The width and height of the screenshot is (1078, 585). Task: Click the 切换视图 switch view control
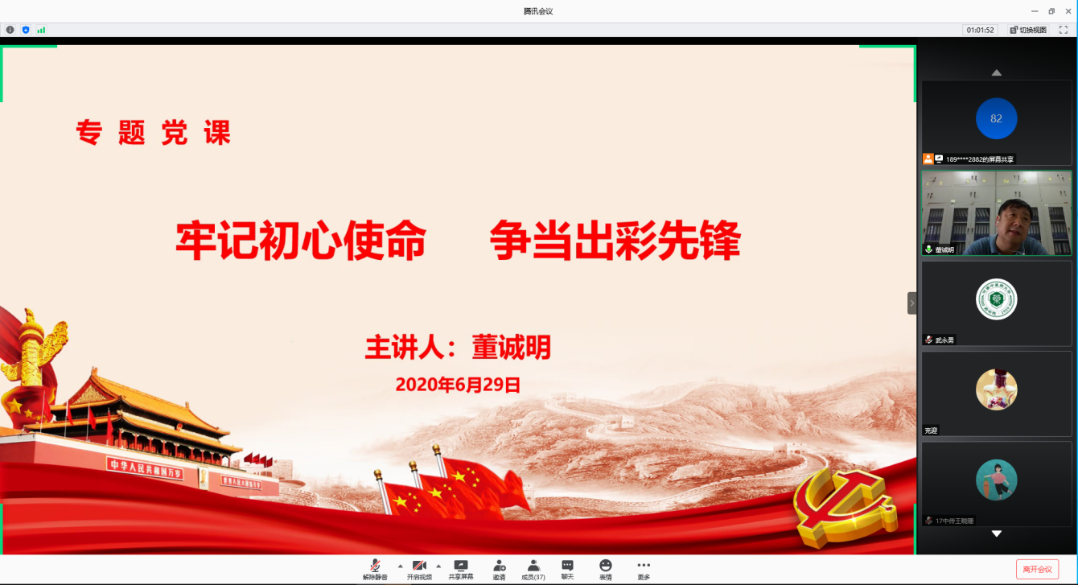pyautogui.click(x=1028, y=30)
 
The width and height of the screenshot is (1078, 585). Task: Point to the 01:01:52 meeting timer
pyautogui.click(x=981, y=30)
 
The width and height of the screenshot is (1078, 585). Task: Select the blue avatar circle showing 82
pyautogui.click(x=996, y=119)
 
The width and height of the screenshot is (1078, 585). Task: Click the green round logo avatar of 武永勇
pyautogui.click(x=996, y=299)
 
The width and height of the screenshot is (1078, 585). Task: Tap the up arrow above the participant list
pyautogui.click(x=996, y=72)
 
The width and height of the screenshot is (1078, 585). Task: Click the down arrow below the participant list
pyautogui.click(x=996, y=534)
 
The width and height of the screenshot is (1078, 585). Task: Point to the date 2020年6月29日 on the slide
pyautogui.click(x=458, y=385)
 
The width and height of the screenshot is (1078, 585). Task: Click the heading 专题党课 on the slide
pyautogui.click(x=153, y=132)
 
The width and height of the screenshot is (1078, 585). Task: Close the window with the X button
pyautogui.click(x=1067, y=10)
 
